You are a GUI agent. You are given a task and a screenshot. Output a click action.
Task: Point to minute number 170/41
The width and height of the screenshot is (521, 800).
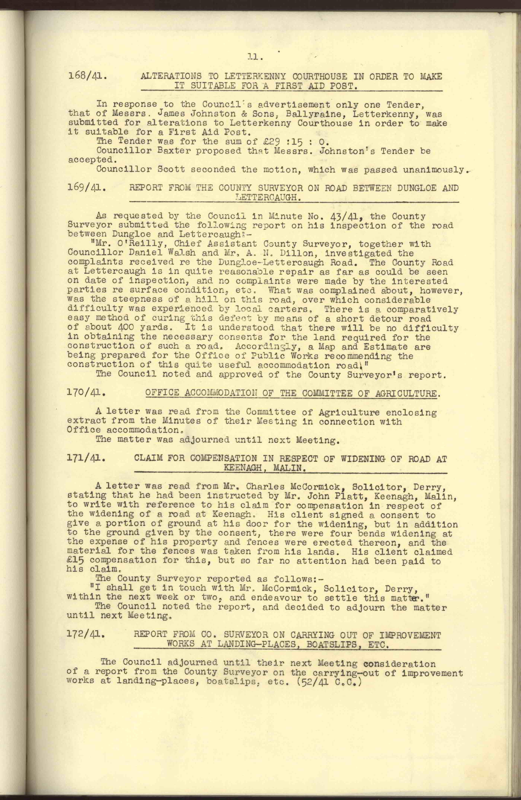tap(87, 393)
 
